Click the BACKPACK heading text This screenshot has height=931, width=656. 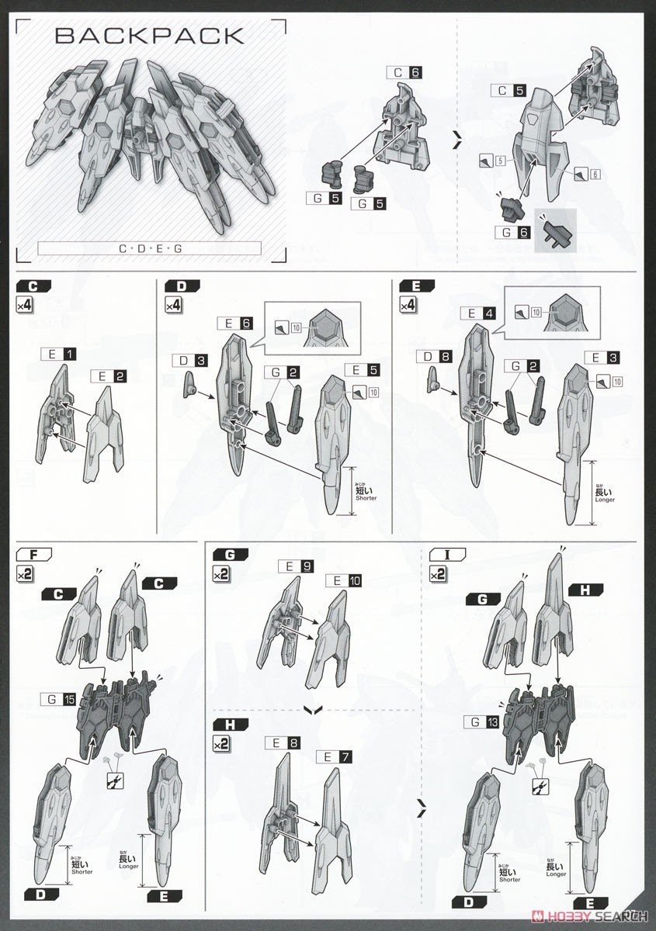click(x=151, y=35)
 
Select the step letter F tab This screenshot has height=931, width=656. click(x=33, y=554)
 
